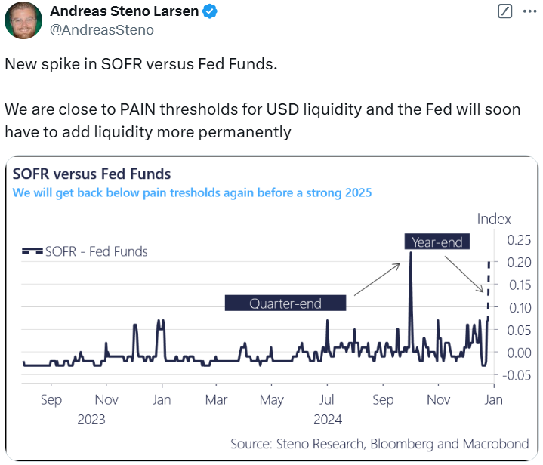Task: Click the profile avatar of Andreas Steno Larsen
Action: (x=23, y=20)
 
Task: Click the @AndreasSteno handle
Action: (x=101, y=30)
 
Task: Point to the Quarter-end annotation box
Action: (x=285, y=303)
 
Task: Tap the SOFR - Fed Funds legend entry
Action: (x=85, y=251)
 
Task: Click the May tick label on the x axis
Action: (x=271, y=400)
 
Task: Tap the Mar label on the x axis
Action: (x=217, y=400)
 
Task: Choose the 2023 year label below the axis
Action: (x=91, y=420)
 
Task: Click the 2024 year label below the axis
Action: (x=329, y=420)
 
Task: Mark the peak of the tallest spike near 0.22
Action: (x=410, y=254)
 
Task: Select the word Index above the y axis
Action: (x=494, y=219)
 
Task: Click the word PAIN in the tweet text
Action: (x=141, y=109)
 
